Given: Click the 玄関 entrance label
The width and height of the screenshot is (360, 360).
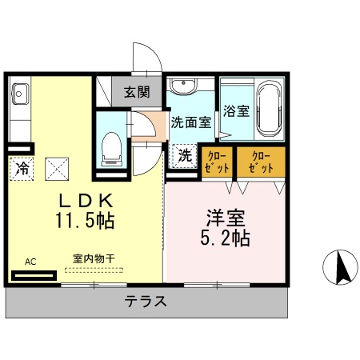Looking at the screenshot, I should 137,92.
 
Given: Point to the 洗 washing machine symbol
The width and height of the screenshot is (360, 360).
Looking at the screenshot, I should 184,156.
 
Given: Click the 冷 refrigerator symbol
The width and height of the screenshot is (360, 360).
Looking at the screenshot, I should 22,168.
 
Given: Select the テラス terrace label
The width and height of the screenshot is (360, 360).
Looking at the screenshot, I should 146,302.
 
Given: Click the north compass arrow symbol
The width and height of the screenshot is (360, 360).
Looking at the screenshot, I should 343,267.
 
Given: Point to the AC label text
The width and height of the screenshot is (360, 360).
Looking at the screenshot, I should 30,261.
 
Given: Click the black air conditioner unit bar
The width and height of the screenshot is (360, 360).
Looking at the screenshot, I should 34,275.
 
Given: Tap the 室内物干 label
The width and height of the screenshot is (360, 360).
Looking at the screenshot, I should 94,258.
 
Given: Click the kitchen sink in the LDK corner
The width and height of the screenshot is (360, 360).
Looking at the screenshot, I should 19,94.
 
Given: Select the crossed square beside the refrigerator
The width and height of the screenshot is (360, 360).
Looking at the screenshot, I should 57,168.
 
